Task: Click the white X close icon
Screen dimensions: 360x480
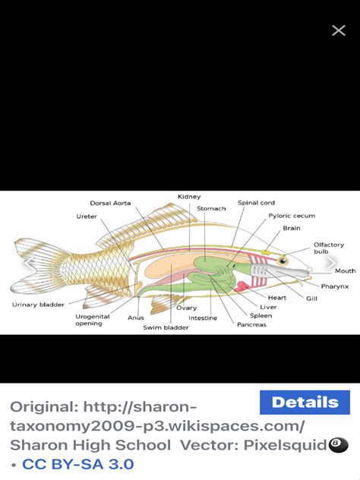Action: (x=339, y=30)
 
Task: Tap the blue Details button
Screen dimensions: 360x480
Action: (x=305, y=403)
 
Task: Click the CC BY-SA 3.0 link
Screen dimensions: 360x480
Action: (x=78, y=464)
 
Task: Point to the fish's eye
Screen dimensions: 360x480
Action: (x=283, y=261)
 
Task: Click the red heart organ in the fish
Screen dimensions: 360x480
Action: (x=242, y=286)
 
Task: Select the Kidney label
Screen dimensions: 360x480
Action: (x=189, y=197)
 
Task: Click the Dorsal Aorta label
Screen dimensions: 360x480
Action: (x=111, y=203)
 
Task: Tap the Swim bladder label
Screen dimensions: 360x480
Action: (x=166, y=327)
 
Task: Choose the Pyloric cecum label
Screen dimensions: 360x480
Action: (x=292, y=216)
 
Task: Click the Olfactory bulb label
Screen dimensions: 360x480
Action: (x=329, y=248)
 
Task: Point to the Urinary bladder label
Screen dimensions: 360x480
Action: (x=38, y=305)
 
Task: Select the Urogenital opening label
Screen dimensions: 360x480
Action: (x=93, y=320)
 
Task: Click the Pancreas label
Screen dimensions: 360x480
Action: (x=251, y=324)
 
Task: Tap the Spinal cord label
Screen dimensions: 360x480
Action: (x=256, y=203)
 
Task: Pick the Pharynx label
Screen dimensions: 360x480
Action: (x=335, y=286)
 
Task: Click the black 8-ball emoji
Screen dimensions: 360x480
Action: (x=338, y=445)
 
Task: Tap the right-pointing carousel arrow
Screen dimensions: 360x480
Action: (x=331, y=263)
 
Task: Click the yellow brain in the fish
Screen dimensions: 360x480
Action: (x=265, y=253)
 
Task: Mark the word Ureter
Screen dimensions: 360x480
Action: (x=87, y=216)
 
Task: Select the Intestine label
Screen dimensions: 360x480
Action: (x=203, y=318)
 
